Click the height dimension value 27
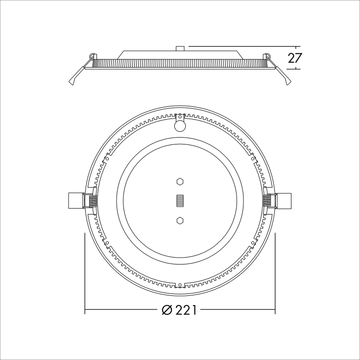tap(294, 58)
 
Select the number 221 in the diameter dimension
tap(186, 311)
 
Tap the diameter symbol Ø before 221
tap(167, 311)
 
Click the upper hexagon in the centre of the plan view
tap(180, 182)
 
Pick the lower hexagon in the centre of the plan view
tap(180, 220)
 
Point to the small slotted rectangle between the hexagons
tap(180, 201)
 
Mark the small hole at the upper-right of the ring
tap(253, 158)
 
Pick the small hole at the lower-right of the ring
tap(253, 242)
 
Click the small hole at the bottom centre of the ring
tap(180, 285)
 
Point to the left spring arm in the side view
tap(77, 73)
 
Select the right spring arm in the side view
tap(282, 73)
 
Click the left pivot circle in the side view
tap(92, 55)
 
